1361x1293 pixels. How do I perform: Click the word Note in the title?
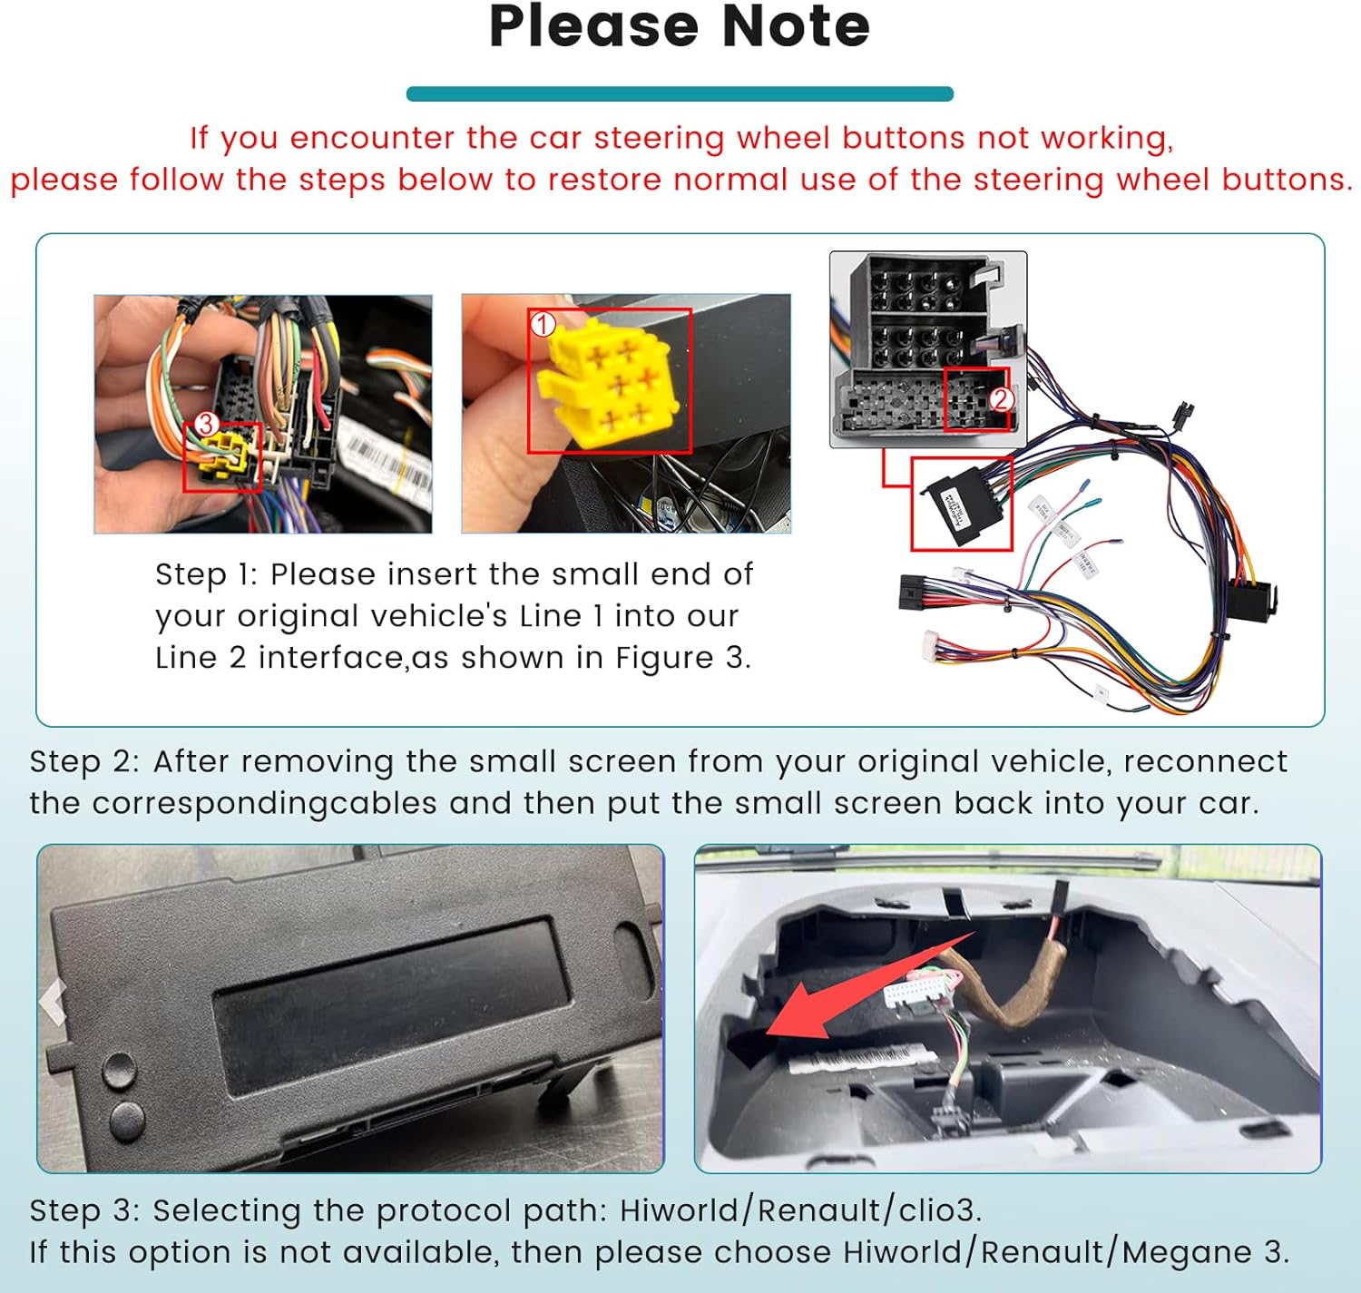coord(796,27)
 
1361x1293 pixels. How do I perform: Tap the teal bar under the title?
coord(680,93)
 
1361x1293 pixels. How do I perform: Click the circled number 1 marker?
coord(543,324)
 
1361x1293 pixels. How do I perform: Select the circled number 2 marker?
coord(1001,399)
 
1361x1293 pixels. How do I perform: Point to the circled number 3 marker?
coord(206,424)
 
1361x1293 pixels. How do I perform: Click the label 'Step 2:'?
coord(84,762)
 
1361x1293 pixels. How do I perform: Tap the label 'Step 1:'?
coord(206,575)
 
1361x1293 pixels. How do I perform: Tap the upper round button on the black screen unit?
coord(119,1070)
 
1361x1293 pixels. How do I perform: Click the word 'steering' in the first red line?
coord(659,139)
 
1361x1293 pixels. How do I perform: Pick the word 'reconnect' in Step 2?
coord(1205,762)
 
